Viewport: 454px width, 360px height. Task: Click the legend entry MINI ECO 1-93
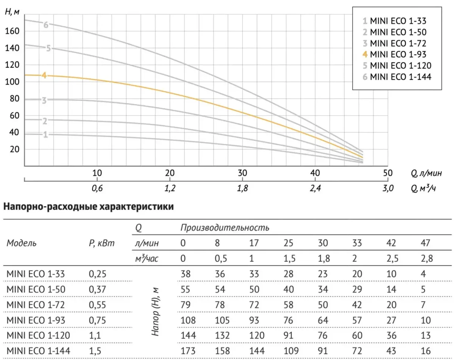(x=395, y=54)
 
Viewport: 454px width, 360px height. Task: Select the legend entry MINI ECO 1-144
(x=397, y=77)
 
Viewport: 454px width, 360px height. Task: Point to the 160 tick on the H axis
(x=12, y=31)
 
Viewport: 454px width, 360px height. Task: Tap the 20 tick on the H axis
(x=14, y=149)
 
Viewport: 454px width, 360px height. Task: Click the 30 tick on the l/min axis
(x=243, y=173)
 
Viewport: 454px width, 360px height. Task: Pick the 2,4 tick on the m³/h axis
(x=315, y=188)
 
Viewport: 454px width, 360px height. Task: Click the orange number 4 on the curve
(x=44, y=75)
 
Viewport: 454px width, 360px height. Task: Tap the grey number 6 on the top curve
(x=46, y=25)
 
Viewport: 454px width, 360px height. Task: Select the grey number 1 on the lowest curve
(x=45, y=134)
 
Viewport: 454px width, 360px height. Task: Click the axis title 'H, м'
(x=12, y=12)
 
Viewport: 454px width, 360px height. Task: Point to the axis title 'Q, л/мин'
(x=426, y=173)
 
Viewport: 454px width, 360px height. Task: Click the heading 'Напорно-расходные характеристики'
(x=89, y=207)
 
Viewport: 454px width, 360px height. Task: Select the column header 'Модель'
(x=22, y=243)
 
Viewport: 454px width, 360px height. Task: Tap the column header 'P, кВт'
(x=102, y=243)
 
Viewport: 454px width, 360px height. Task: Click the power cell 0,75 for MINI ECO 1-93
(x=97, y=320)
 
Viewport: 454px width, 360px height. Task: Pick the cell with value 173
(x=188, y=351)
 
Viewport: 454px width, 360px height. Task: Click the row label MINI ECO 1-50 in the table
(x=36, y=289)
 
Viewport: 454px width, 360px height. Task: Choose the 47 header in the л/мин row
(x=425, y=243)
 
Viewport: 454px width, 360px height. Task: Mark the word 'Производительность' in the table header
(x=225, y=228)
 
